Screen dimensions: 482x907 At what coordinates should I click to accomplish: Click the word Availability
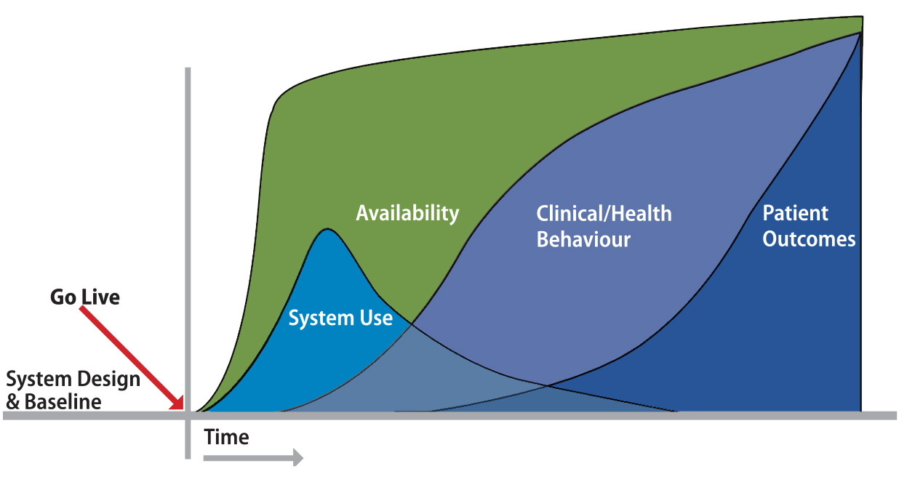click(x=407, y=213)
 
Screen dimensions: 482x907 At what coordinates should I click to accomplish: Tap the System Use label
click(x=340, y=318)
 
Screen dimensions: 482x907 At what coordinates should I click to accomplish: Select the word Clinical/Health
click(x=604, y=214)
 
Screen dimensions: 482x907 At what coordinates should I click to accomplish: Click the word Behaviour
click(x=583, y=240)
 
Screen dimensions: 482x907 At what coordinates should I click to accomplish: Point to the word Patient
click(x=795, y=214)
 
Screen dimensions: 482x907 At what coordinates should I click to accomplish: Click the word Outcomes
click(x=809, y=239)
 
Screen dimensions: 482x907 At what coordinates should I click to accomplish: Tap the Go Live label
click(x=85, y=297)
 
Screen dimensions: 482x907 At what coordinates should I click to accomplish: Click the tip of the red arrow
click(x=183, y=409)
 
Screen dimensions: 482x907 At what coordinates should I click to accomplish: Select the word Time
click(x=226, y=437)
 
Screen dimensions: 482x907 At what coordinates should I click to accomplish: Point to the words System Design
click(x=73, y=379)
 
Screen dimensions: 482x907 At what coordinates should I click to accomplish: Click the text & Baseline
click(x=54, y=401)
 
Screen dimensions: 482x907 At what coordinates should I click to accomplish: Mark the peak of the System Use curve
click(x=327, y=230)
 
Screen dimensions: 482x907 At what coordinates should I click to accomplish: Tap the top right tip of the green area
click(x=862, y=17)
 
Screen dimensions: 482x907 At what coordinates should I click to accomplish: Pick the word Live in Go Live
click(x=101, y=297)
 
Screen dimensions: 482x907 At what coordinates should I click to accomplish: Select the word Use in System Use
click(x=376, y=318)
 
